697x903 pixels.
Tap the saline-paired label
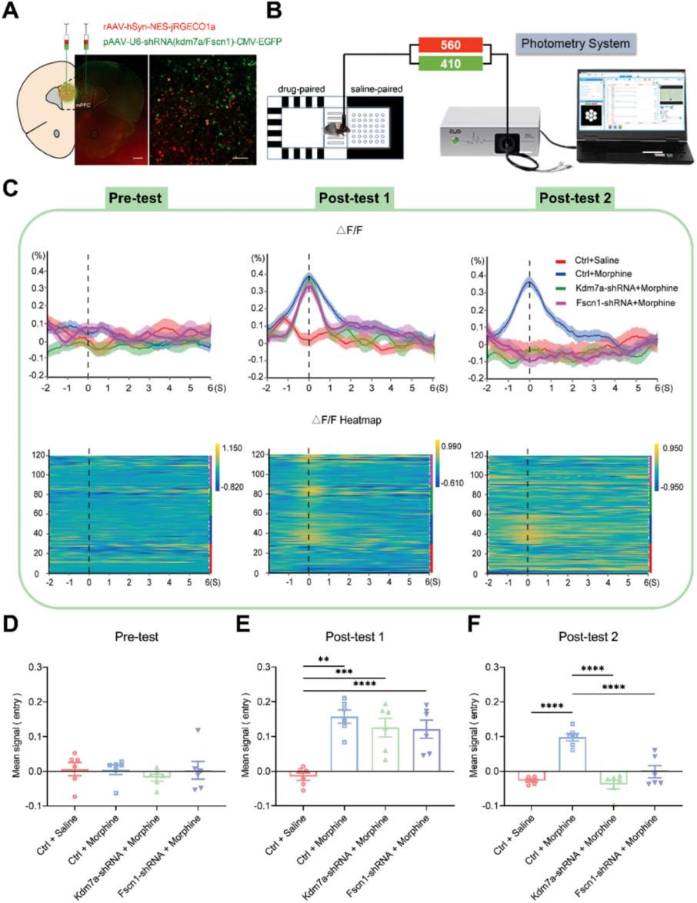click(x=377, y=90)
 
